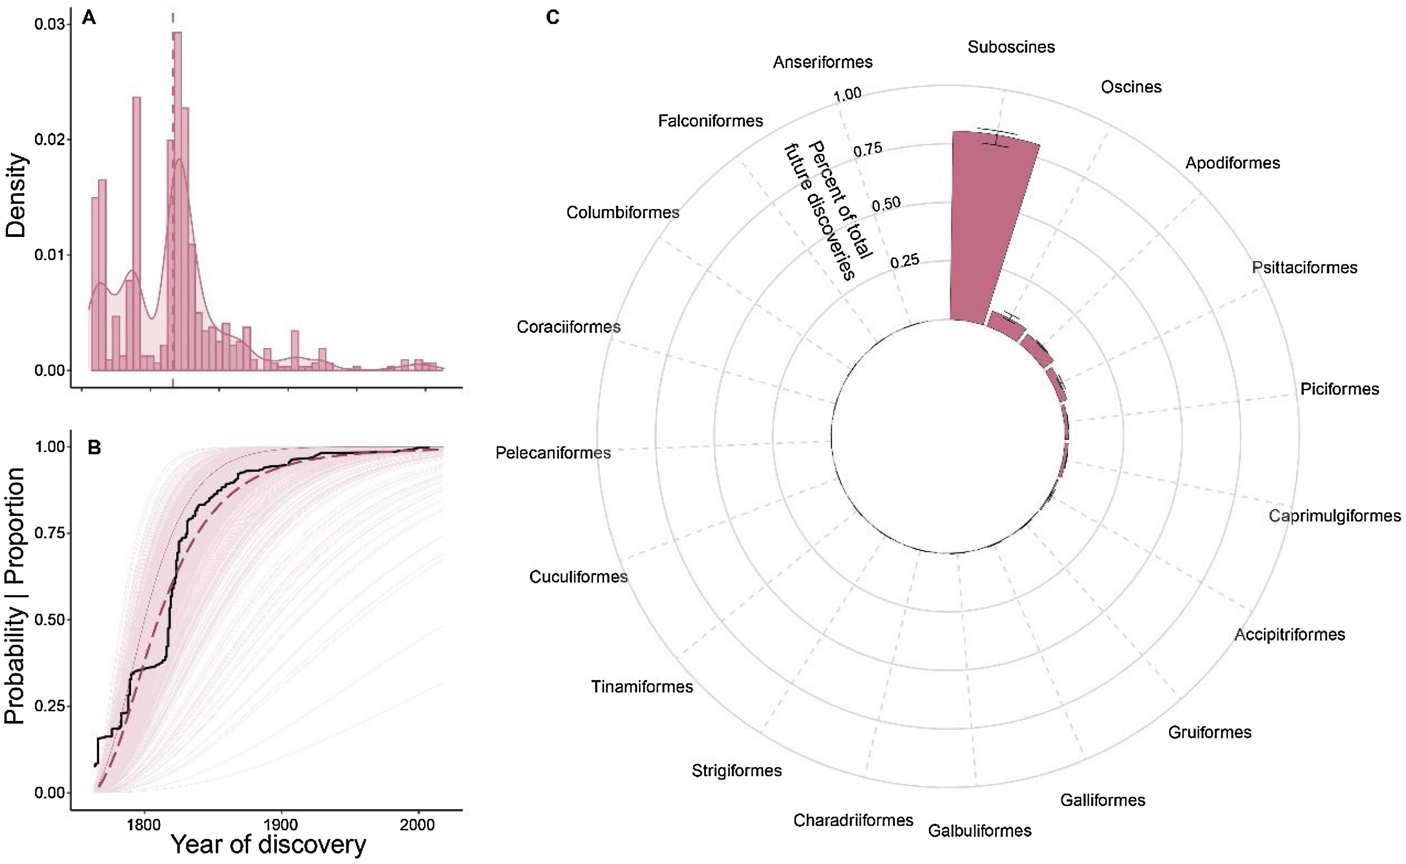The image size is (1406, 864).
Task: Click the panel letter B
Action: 94,447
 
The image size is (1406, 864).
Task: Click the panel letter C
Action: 553,18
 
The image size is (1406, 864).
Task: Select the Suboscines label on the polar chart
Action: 1011,47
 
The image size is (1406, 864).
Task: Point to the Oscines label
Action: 1131,87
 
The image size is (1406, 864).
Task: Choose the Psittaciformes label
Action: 1304,267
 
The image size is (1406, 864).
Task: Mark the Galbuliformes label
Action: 979,830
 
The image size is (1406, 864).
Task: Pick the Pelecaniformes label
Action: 553,453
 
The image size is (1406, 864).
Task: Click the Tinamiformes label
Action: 642,686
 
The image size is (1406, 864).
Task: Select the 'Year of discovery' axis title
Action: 268,845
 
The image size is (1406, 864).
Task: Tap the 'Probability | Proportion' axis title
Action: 15,596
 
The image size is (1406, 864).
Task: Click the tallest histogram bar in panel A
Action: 177,200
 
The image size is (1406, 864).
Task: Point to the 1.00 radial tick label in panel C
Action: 847,94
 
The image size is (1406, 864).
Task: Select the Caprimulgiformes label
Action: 1335,516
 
